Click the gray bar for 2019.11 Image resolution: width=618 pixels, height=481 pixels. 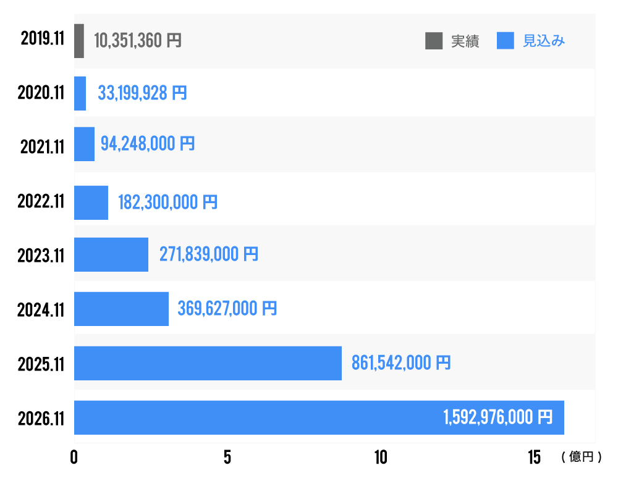pos(79,41)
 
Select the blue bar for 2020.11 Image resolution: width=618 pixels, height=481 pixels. pos(80,93)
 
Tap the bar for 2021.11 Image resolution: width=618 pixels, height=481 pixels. pos(85,144)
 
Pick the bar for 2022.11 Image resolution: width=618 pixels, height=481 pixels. pos(91,203)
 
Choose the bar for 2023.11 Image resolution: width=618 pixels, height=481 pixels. pos(111,254)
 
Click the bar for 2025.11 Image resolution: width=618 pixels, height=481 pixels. pos(208,363)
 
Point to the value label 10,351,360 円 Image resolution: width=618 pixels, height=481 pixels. pos(138,41)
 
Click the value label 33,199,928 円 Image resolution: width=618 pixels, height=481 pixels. pos(142,93)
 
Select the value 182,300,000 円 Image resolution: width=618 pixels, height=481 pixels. pos(167,203)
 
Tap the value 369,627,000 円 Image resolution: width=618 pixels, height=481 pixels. pos(227,309)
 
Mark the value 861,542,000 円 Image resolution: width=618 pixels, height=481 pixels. pos(401,363)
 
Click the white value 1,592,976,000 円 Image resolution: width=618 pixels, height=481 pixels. pos(497,418)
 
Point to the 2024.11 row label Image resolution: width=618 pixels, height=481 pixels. pos(41,309)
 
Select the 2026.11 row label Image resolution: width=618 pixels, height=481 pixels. pos(41,418)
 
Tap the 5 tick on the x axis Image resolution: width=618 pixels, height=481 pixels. pos(227,458)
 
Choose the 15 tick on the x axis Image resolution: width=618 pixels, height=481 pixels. pos(534,458)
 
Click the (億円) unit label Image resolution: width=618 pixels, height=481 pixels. pos(581,457)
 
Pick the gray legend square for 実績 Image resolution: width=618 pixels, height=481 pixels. pos(434,41)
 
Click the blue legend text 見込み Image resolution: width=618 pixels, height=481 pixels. pos(544,41)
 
